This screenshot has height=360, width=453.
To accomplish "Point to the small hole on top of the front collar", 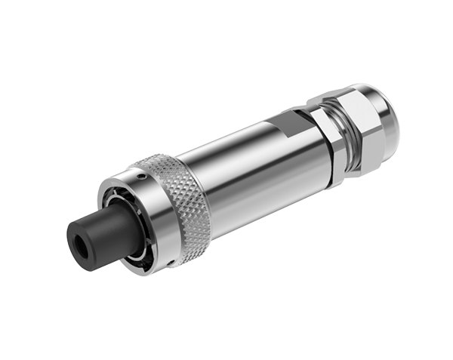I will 140,175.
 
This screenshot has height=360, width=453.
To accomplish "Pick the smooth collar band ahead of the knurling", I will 151,219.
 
